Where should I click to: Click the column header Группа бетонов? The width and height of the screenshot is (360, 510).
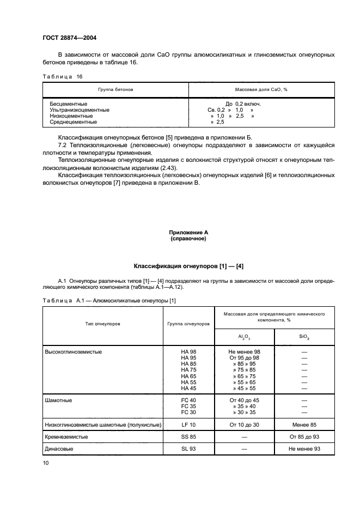pos(115,89)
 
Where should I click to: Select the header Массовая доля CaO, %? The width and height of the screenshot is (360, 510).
pos(261,89)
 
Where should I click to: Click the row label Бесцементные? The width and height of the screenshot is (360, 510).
pos(68,103)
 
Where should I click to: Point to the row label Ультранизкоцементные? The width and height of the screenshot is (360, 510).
pos(79,110)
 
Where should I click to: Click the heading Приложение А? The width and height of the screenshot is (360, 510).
pos(188,232)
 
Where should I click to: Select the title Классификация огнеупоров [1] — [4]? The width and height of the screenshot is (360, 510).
pos(188,266)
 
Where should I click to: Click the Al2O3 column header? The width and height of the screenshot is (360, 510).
pos(245,337)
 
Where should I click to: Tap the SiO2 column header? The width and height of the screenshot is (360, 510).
pos(304,337)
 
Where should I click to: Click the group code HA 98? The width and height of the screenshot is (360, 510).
pos(188,352)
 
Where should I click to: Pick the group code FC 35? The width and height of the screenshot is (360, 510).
pos(188,406)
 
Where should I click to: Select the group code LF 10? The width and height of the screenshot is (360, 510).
pos(188,424)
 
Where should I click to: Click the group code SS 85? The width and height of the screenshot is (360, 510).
pos(188,437)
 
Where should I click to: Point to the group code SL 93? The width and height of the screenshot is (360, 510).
pos(188,449)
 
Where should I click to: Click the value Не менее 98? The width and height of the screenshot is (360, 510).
pos(245,352)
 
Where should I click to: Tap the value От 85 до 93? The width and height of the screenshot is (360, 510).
pos(304,437)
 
